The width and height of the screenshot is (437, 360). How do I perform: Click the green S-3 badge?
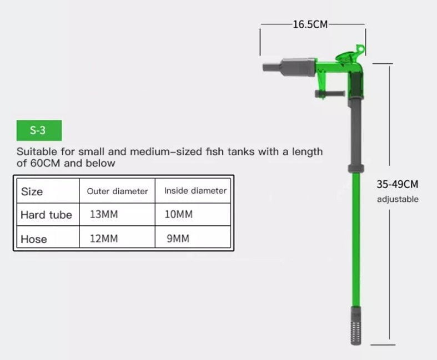pos(38,130)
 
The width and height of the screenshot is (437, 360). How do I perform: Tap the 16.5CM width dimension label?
pos(310,24)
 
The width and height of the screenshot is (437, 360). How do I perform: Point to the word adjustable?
pos(398,200)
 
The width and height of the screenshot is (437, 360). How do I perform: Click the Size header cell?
pos(32,191)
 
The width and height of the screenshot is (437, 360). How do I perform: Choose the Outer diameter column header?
pos(118,191)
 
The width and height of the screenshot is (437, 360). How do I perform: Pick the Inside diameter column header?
pos(195,191)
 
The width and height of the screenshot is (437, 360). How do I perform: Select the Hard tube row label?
pos(46,215)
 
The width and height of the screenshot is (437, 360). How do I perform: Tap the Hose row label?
pos(34,239)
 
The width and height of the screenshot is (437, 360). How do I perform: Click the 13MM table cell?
pos(104,215)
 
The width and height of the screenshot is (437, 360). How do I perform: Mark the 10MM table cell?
pos(179,215)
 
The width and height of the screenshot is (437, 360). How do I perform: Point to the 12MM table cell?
pos(104,239)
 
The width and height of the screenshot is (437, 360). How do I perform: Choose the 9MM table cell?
pos(177,239)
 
